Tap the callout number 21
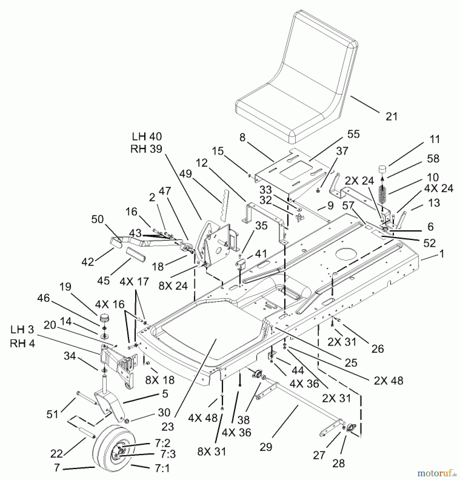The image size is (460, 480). click(x=391, y=117)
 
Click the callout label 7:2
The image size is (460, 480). click(x=162, y=443)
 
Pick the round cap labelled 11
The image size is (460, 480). click(x=383, y=170)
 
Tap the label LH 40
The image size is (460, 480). click(x=147, y=137)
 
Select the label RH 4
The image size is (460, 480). click(x=22, y=343)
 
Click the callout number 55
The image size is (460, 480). click(x=353, y=134)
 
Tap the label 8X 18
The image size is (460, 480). click(x=160, y=380)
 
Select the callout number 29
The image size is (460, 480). click(x=266, y=447)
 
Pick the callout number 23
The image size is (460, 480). click(x=168, y=427)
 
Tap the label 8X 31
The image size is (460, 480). click(x=211, y=451)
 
